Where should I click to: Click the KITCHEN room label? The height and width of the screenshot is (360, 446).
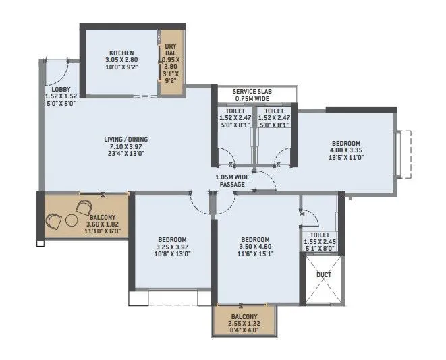click(x=121, y=53)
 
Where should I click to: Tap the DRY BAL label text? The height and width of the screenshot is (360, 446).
click(x=171, y=49)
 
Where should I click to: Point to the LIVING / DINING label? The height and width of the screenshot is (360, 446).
click(x=121, y=140)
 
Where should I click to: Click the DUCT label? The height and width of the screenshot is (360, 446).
click(x=323, y=276)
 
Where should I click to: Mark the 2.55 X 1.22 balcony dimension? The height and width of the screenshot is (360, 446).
click(x=244, y=324)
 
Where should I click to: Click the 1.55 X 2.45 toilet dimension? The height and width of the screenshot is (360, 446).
click(x=319, y=241)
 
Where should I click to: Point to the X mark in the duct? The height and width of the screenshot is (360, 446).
click(x=323, y=287)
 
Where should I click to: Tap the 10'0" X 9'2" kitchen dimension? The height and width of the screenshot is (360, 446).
click(x=121, y=67)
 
